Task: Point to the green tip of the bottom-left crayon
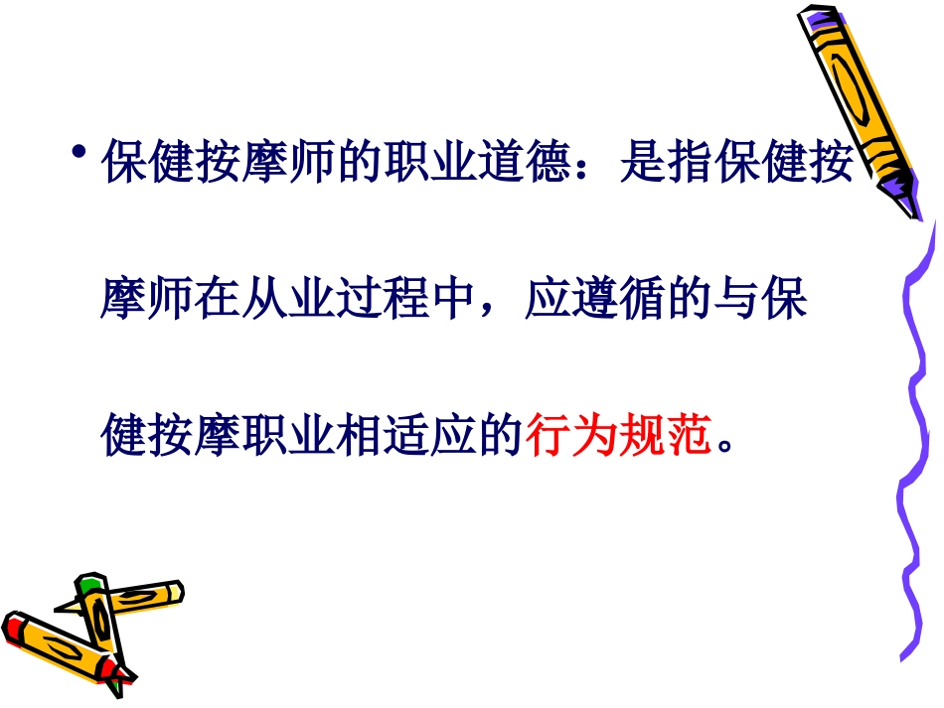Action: pyautogui.click(x=90, y=582)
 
